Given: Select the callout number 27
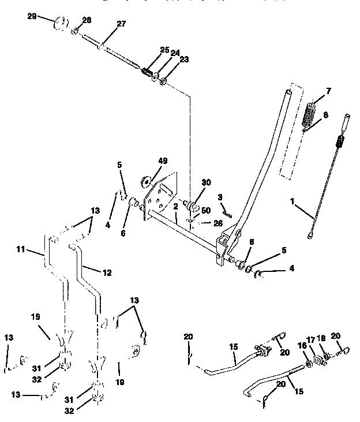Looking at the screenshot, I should click(x=121, y=24).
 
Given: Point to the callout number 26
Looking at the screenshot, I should click(x=217, y=223).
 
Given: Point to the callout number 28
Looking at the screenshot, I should click(x=87, y=21).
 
